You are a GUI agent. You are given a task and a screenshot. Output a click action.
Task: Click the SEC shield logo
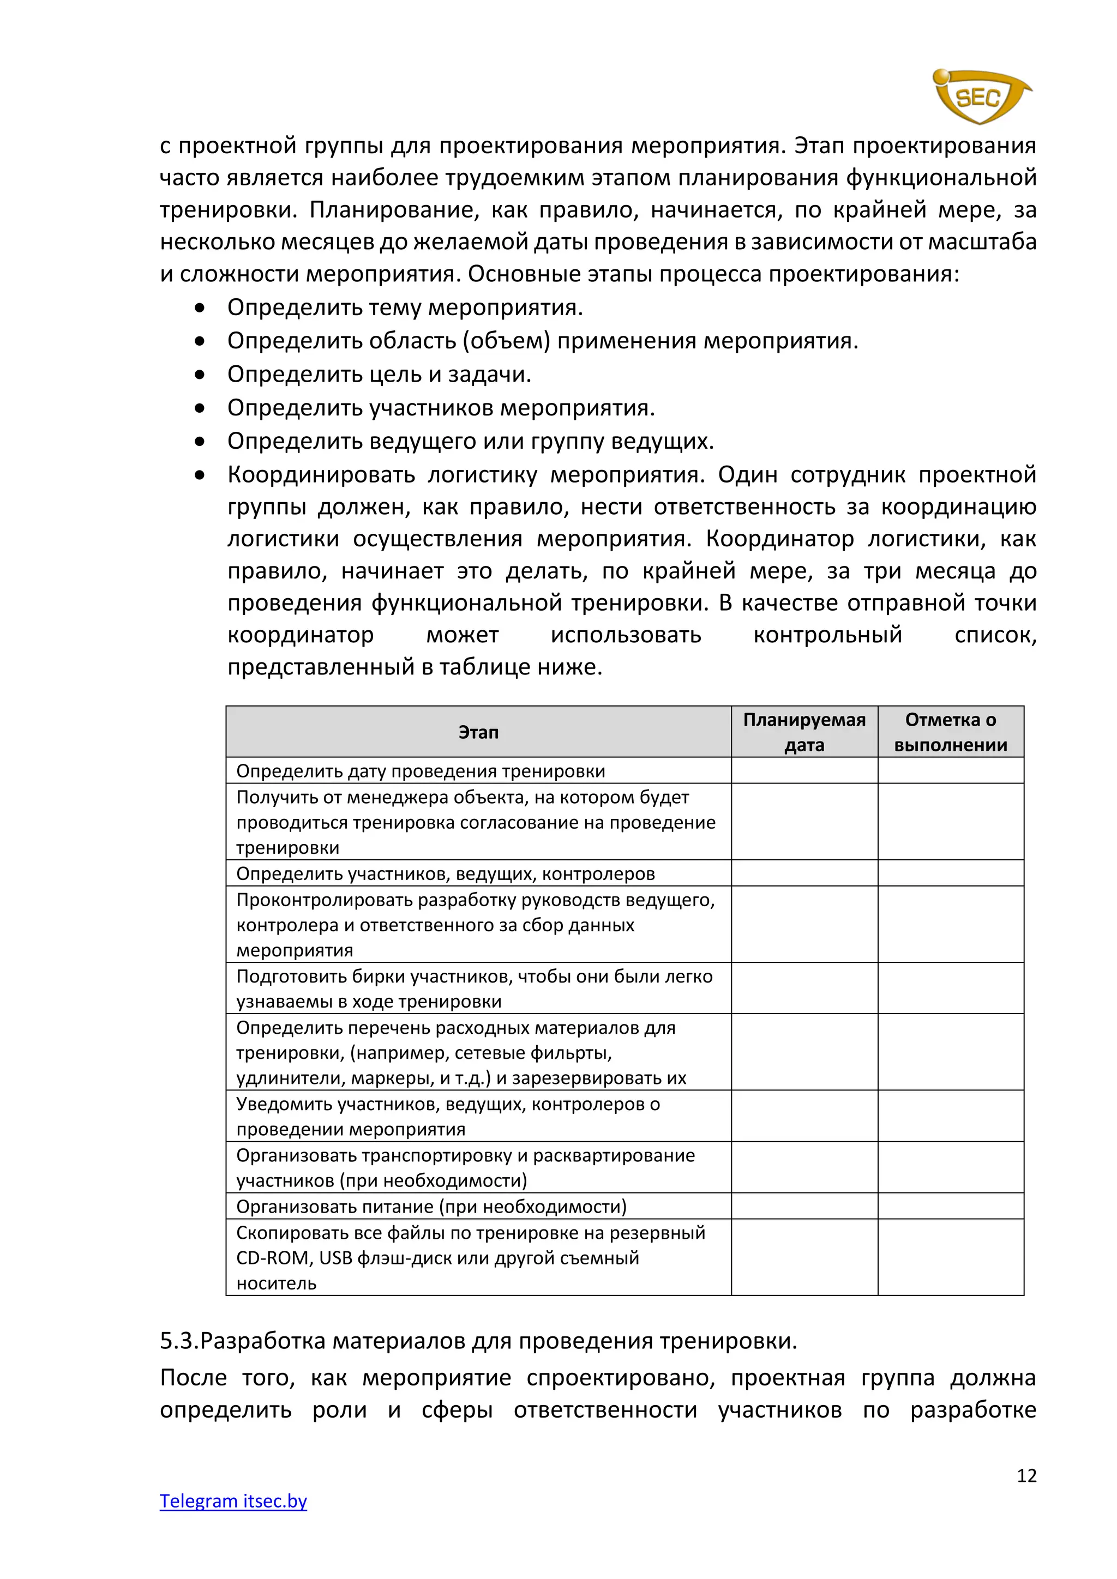tap(980, 97)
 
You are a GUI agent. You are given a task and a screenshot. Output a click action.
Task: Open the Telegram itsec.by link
tap(233, 1500)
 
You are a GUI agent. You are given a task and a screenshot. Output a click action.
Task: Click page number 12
tap(1026, 1475)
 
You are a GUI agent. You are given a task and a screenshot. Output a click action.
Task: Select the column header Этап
tap(478, 732)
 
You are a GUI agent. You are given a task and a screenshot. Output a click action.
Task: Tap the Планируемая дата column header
tap(804, 732)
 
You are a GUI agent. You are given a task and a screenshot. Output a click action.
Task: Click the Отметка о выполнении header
tap(951, 732)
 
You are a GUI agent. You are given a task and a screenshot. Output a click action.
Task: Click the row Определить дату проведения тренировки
tap(421, 771)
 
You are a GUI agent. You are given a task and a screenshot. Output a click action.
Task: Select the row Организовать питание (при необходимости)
tap(431, 1206)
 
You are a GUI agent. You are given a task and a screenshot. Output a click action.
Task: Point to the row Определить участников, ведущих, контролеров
tap(445, 873)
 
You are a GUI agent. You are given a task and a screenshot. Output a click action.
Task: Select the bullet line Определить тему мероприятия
tap(405, 308)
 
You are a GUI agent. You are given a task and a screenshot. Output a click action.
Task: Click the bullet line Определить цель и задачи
tap(379, 374)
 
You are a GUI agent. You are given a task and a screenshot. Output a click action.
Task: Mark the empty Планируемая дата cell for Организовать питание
tap(804, 1206)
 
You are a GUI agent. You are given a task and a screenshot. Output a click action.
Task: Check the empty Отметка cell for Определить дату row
tap(951, 771)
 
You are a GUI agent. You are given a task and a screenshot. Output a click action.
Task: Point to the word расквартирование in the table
tap(614, 1155)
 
